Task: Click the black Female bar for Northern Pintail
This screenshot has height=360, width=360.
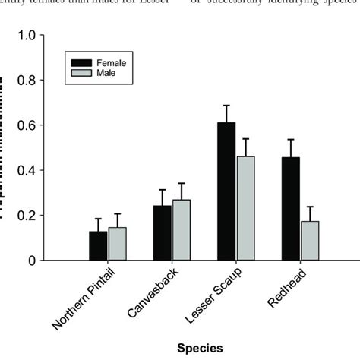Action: pos(98,246)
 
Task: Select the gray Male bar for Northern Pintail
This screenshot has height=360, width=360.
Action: pos(118,244)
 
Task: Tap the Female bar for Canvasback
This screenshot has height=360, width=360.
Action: pos(163,233)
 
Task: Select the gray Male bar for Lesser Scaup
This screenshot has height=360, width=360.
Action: pos(246,209)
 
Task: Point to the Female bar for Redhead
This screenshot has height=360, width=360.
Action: pos(291,209)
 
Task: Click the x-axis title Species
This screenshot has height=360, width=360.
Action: pos(201,348)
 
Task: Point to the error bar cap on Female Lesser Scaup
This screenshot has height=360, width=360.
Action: pos(226,105)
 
